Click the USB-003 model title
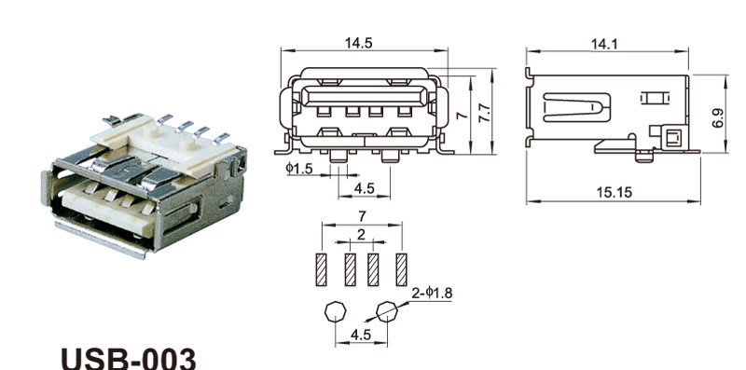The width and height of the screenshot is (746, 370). [129, 359]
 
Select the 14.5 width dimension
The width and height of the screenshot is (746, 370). [359, 43]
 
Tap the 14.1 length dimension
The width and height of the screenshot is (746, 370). [604, 44]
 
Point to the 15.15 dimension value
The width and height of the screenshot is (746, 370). [615, 193]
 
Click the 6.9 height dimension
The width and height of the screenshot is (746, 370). [718, 118]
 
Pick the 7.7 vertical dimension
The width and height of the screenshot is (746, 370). [484, 113]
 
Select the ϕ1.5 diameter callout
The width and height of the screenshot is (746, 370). [299, 168]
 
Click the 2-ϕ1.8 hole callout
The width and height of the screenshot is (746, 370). [432, 294]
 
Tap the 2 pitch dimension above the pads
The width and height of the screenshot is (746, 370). [361, 235]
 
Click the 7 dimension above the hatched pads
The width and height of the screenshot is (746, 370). [362, 216]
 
